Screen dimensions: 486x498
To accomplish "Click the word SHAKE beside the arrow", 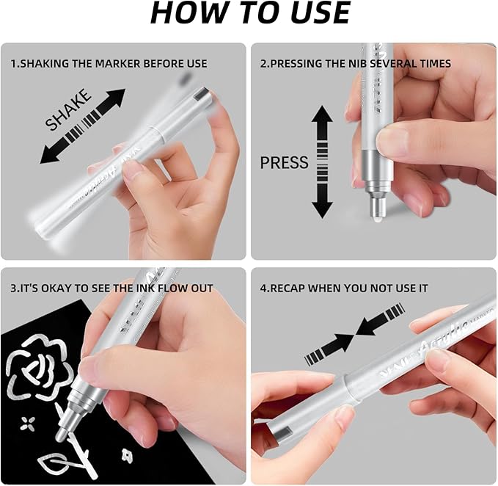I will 68,110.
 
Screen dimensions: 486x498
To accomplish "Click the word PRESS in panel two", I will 284,162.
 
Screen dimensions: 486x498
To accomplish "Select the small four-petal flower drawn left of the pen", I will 29,423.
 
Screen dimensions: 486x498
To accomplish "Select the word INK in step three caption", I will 142,289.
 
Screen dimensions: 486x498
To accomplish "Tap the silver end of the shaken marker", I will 200,94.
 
